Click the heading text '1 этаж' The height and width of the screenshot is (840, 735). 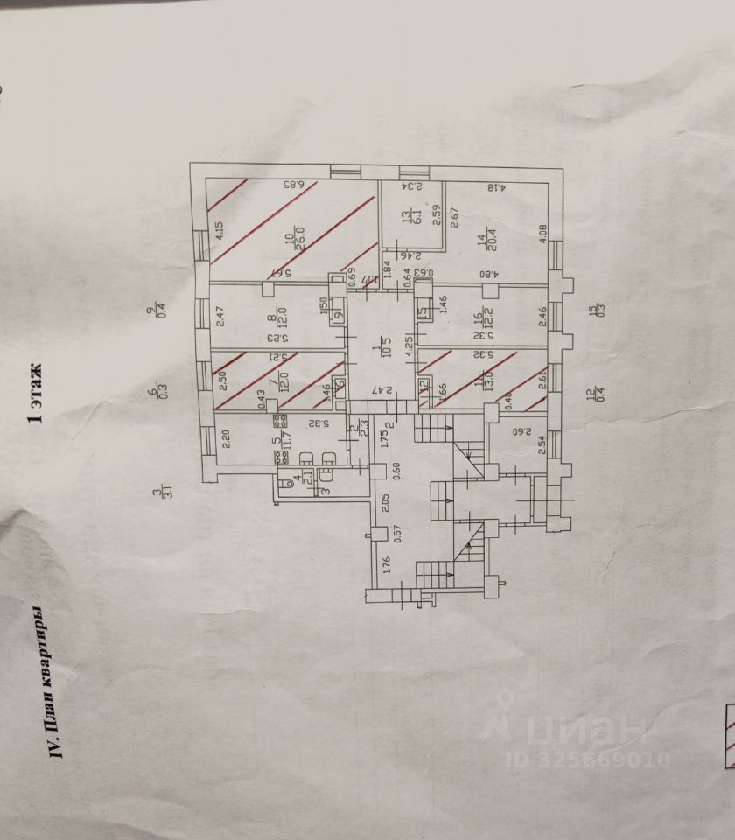pyautogui.click(x=36, y=395)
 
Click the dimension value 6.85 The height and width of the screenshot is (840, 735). pyautogui.click(x=293, y=185)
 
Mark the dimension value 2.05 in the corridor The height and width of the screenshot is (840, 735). pyautogui.click(x=386, y=503)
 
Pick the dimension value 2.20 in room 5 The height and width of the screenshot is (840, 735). pyautogui.click(x=224, y=439)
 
